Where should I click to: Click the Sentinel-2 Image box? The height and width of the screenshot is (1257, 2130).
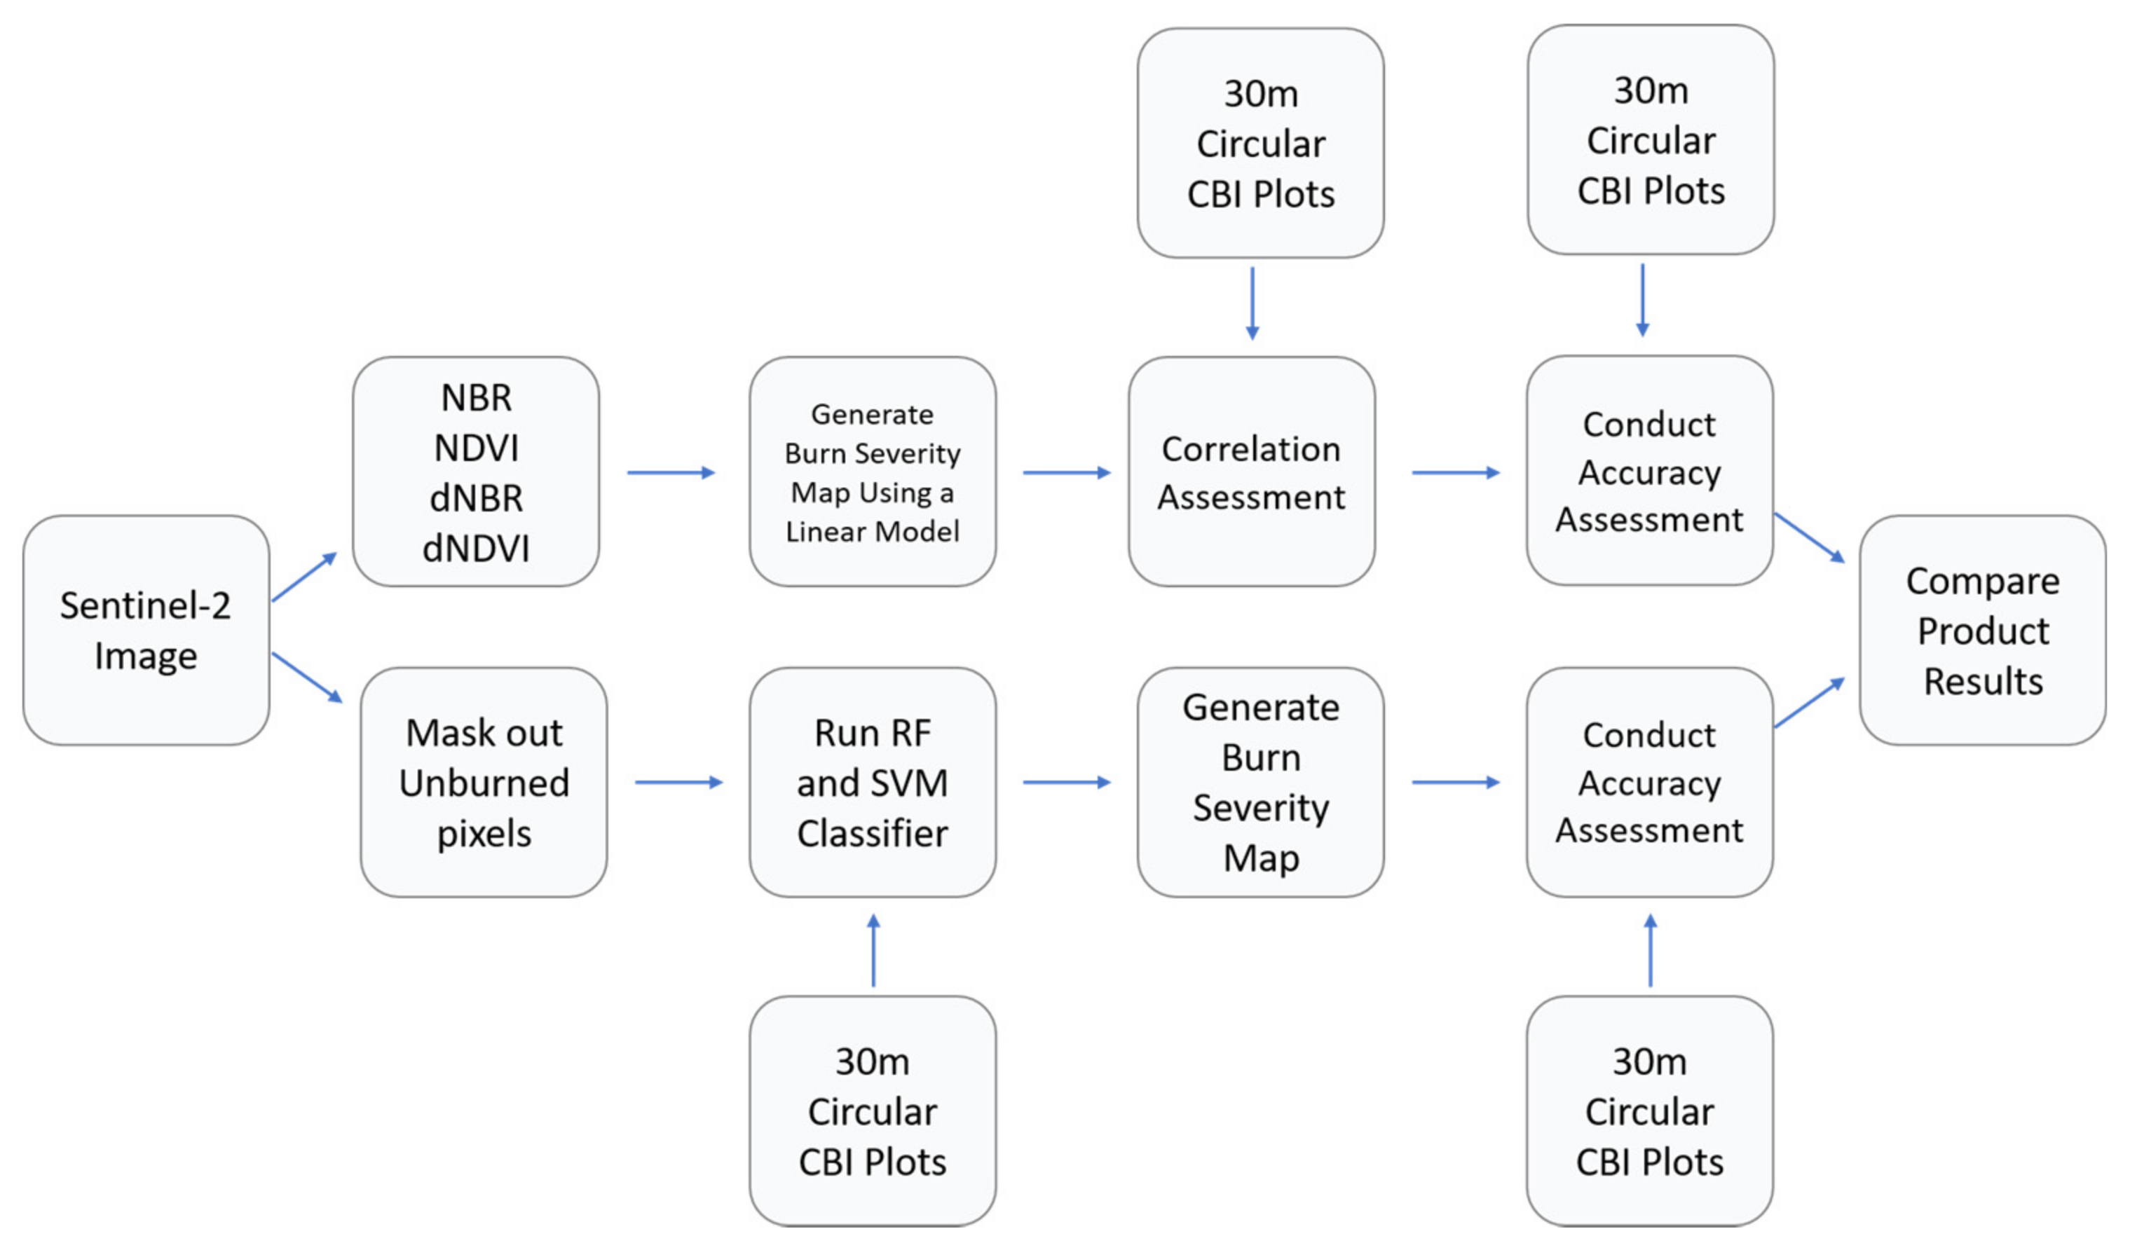coord(146,631)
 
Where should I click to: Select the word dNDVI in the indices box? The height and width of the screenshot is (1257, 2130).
coord(476,549)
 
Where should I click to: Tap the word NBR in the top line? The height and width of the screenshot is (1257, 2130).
coord(476,398)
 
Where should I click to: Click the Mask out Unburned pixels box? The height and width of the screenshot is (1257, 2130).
coord(484,783)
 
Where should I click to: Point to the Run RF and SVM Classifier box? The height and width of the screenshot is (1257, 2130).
coord(872,783)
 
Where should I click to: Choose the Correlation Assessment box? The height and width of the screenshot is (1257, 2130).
coord(1250,472)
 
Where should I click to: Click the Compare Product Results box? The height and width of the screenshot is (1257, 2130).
coord(1983,631)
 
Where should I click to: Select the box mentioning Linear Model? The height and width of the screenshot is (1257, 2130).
coord(872,472)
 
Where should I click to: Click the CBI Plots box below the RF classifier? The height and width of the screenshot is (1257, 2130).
coord(872,1111)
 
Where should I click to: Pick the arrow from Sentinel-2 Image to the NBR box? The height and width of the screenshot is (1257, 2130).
coord(304,577)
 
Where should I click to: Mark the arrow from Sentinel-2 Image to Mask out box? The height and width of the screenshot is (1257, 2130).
coord(307,678)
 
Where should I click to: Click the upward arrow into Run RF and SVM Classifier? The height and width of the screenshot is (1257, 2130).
coord(873,950)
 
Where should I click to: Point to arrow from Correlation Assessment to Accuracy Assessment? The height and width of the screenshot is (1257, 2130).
coord(1456,473)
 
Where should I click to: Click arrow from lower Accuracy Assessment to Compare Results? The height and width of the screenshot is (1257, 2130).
coord(1810,702)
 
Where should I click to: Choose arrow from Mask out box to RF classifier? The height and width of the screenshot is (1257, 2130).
coord(678,783)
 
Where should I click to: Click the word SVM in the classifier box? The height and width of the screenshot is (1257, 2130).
coord(913,783)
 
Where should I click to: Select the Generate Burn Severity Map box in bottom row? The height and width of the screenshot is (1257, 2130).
coord(1260,783)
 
